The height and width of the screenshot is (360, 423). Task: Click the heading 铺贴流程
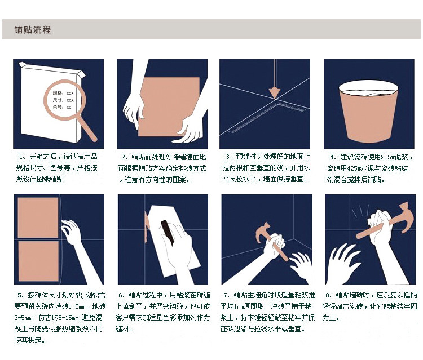[x=32, y=29]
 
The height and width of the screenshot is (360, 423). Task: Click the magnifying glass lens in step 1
[x=65, y=100]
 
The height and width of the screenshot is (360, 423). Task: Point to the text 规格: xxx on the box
[x=63, y=93]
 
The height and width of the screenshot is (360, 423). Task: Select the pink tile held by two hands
[x=169, y=106]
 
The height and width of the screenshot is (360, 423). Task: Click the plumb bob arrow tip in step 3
[x=275, y=99]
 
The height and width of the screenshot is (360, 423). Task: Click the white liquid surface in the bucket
[x=368, y=92]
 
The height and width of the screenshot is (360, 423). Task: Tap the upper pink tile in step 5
[x=38, y=217]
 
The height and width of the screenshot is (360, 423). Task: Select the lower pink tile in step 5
[x=38, y=261]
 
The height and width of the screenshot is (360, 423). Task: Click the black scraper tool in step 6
[x=168, y=232]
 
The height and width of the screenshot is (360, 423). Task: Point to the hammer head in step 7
[x=263, y=232]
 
